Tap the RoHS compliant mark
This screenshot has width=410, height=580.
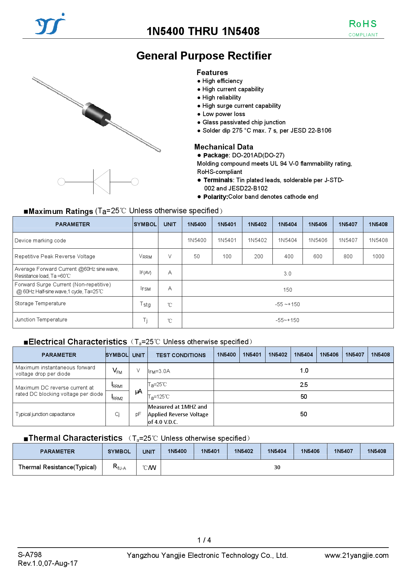[x=363, y=28]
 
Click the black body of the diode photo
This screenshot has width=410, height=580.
[x=97, y=114]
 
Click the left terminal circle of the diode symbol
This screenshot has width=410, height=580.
[x=61, y=182]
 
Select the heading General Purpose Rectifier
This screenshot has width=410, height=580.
[x=204, y=56]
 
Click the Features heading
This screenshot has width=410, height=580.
[x=212, y=72]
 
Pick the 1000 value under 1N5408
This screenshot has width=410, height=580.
[x=378, y=257]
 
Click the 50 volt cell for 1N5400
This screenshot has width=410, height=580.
[x=197, y=257]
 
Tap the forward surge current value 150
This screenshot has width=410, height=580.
[x=287, y=290]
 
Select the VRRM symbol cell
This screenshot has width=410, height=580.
[x=145, y=257]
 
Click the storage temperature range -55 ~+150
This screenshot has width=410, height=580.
[x=287, y=304]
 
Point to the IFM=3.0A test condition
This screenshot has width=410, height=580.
[x=159, y=371]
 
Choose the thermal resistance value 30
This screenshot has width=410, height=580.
[x=277, y=467]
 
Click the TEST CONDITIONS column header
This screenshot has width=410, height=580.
[x=181, y=355]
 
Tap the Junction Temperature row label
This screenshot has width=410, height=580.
[x=41, y=320]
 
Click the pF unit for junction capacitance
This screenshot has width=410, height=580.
[x=138, y=414]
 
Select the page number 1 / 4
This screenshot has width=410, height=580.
[x=204, y=540]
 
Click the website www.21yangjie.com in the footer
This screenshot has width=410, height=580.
[x=356, y=556]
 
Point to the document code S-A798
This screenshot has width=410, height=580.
[x=30, y=555]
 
